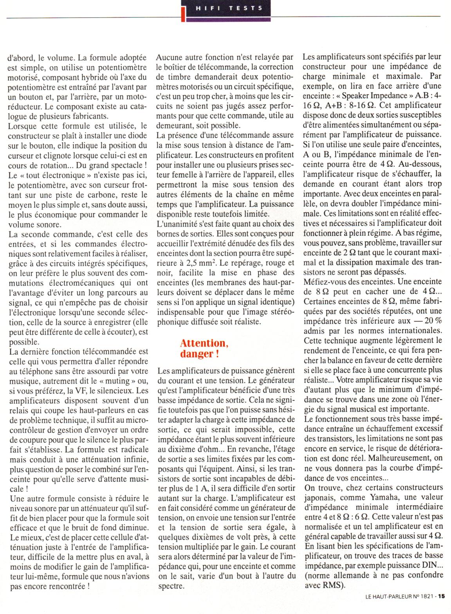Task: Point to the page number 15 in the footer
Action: pos(442,607)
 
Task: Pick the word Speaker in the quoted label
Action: pos(358,96)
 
